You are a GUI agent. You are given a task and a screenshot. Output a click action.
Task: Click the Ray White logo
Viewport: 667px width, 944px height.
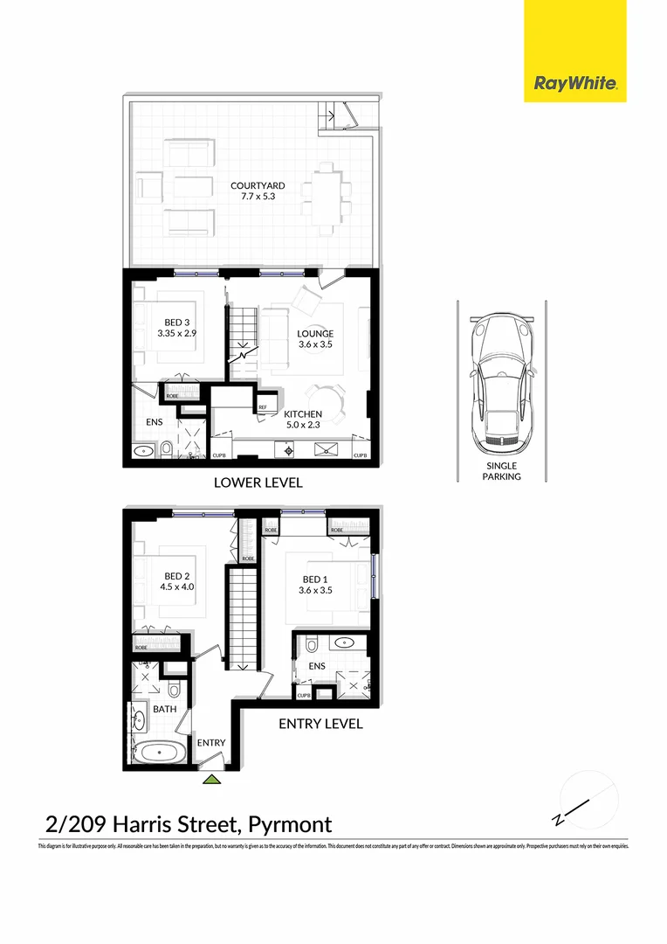coord(575,84)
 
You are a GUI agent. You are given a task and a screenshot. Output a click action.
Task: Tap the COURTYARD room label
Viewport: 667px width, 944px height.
coord(257,185)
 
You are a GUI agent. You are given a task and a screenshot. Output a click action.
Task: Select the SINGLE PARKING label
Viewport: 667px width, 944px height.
coord(502,471)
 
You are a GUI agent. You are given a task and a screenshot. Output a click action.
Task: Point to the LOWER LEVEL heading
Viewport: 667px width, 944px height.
coord(258,482)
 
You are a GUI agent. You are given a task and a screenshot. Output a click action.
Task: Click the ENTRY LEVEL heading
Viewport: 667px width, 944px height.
coord(320,724)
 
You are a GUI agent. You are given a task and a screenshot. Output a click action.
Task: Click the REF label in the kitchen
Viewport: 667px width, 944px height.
coord(262,407)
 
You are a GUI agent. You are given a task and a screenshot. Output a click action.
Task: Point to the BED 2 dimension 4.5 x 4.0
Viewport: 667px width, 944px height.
coord(177,588)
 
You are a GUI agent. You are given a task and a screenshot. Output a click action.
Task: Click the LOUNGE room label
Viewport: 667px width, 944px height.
coord(314,333)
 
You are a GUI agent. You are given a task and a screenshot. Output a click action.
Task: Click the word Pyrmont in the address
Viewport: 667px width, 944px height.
coord(290,823)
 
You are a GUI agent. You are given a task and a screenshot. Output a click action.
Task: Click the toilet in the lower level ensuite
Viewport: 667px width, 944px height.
coord(167,450)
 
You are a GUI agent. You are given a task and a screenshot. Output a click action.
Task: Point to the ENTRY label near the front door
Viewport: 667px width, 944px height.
coord(211,743)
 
